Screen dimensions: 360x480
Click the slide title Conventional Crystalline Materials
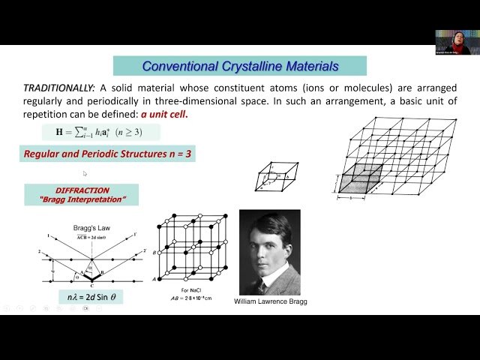(240, 66)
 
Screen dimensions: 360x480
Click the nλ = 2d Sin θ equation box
(91, 297)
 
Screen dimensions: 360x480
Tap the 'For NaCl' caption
(191, 289)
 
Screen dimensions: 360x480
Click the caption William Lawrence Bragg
(271, 301)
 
